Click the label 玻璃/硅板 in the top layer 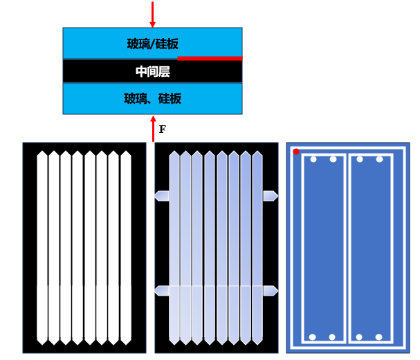(152, 44)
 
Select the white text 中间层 (152, 71)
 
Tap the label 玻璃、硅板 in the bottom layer (152, 99)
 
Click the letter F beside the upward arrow (163, 129)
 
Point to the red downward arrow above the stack (152, 14)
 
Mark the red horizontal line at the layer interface (210, 58)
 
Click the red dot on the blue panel (296, 152)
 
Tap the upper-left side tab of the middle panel (162, 196)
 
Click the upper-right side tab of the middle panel (271, 196)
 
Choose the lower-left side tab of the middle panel (162, 291)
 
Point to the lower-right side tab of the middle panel (271, 291)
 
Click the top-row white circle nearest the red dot (313, 159)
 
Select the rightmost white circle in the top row (379, 159)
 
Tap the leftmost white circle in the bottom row (313, 337)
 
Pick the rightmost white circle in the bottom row (379, 337)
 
